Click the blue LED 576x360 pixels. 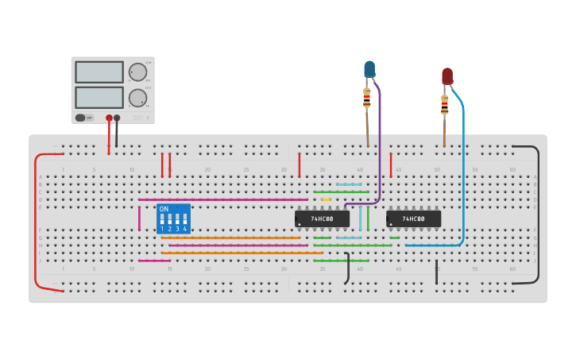[369, 70]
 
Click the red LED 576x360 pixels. [447, 76]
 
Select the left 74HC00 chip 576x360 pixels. [322, 219]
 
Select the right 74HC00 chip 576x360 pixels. [413, 219]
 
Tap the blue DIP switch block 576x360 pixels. [173, 219]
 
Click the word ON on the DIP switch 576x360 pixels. [164, 209]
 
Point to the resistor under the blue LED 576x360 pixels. [366, 99]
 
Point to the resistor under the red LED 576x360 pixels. [444, 105]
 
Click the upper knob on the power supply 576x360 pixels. [138, 72]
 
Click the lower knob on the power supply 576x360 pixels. [138, 99]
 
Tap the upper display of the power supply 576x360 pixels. [99, 72]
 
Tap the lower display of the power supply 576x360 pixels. [99, 98]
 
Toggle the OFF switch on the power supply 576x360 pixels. [81, 118]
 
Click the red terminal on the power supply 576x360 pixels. [109, 118]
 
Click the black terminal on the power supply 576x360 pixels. [117, 118]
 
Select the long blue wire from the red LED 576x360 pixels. [463, 175]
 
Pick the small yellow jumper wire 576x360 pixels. [326, 199]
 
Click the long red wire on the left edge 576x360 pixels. [35, 223]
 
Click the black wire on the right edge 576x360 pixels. [539, 215]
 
